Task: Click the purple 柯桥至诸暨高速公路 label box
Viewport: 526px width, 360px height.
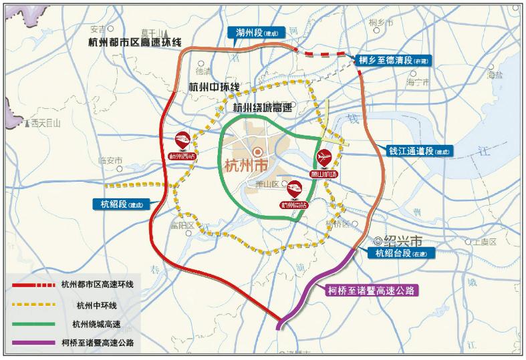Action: pyautogui.click(x=372, y=290)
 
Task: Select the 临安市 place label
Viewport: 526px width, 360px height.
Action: pyautogui.click(x=110, y=160)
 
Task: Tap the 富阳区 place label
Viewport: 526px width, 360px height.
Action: pyautogui.click(x=181, y=226)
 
